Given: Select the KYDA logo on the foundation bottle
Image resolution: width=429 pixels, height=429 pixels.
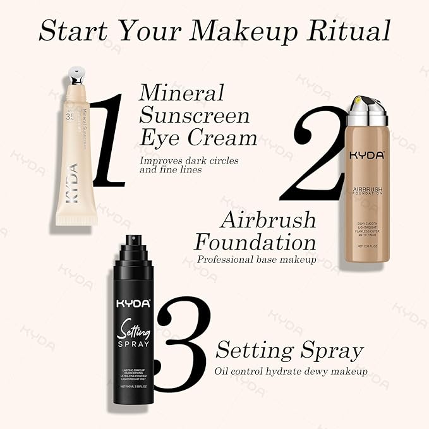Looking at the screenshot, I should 366,155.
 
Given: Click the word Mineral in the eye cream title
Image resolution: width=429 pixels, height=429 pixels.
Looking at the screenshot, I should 181,93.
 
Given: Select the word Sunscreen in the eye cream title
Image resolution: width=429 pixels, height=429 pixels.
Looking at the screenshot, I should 195,116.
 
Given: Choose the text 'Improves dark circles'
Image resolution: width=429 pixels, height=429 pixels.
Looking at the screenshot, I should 190,160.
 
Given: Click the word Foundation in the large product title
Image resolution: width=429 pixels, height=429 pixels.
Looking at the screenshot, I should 255,242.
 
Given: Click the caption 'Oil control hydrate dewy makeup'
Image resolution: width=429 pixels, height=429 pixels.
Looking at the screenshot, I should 291,371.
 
